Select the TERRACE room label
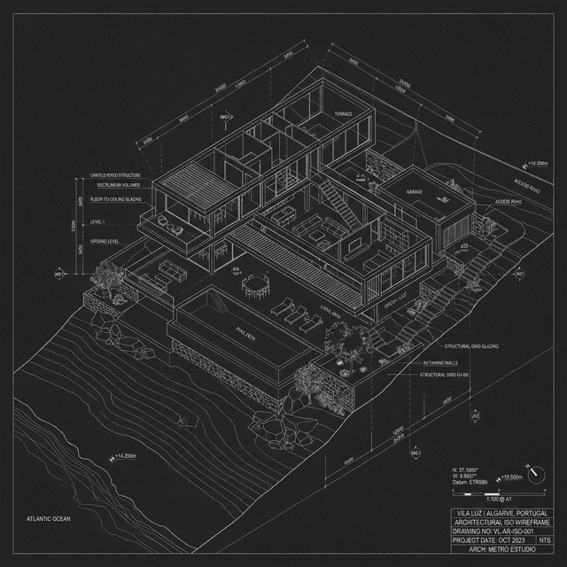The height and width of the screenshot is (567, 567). (343, 114)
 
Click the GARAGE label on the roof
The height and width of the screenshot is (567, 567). (414, 191)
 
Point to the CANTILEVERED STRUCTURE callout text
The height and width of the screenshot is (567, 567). (115, 175)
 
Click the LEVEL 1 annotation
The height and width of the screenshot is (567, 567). (98, 221)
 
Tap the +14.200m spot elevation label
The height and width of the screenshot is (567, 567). (125, 456)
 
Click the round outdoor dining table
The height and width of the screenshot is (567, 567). (255, 284)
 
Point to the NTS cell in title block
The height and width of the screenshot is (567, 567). (544, 538)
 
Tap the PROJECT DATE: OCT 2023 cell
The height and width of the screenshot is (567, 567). (490, 539)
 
